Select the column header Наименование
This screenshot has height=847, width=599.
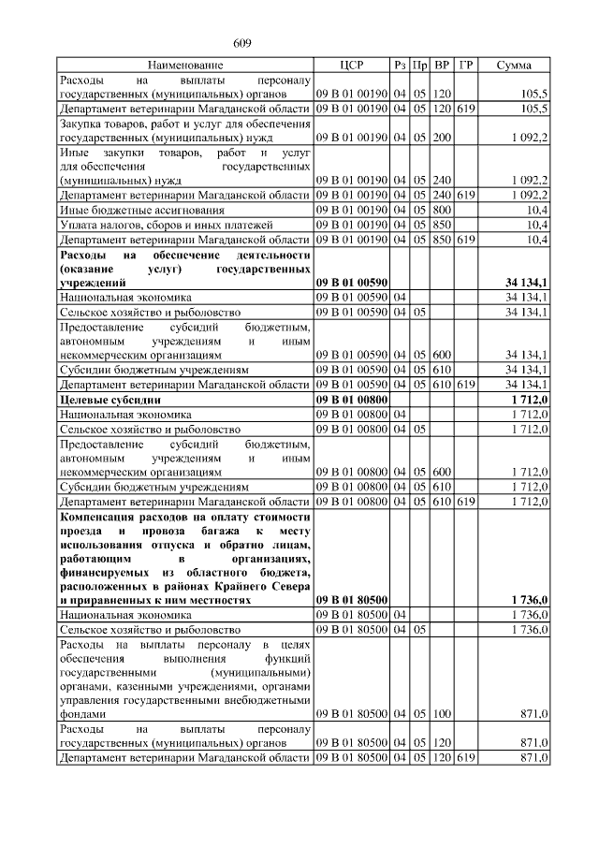tap(185, 66)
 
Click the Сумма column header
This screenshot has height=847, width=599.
tap(514, 66)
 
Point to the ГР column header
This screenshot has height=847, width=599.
tap(466, 66)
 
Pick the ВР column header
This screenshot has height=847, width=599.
tap(443, 66)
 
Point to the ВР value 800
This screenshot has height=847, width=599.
tap(443, 211)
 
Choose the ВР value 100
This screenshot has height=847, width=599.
tap(443, 714)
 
